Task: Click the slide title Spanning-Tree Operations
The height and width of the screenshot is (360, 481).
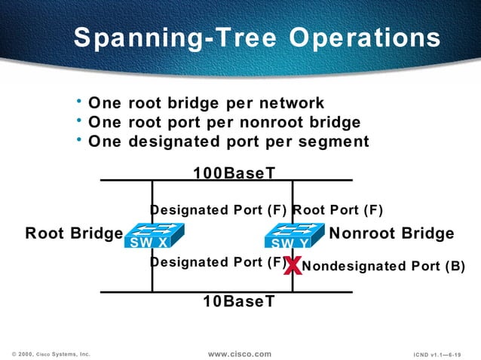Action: click(x=256, y=38)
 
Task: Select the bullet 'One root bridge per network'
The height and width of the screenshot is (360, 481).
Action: click(x=206, y=103)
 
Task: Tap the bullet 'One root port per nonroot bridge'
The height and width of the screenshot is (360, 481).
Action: click(x=224, y=122)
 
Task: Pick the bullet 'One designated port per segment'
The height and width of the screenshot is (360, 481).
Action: click(x=228, y=141)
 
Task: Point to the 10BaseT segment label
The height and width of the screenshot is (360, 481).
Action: click(x=238, y=301)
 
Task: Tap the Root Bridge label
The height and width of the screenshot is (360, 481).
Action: click(x=73, y=233)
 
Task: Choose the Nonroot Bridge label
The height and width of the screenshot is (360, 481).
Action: click(x=392, y=233)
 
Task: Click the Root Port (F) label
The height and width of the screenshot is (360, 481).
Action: click(x=337, y=209)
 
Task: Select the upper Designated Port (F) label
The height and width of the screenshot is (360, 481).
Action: click(x=219, y=209)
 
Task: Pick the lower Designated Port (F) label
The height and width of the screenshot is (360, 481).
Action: click(x=217, y=262)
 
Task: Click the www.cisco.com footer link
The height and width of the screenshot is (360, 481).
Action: click(x=239, y=353)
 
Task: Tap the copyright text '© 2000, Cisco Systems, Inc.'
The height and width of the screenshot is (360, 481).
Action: click(x=51, y=353)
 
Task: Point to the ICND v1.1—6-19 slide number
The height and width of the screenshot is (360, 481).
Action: click(x=437, y=353)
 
